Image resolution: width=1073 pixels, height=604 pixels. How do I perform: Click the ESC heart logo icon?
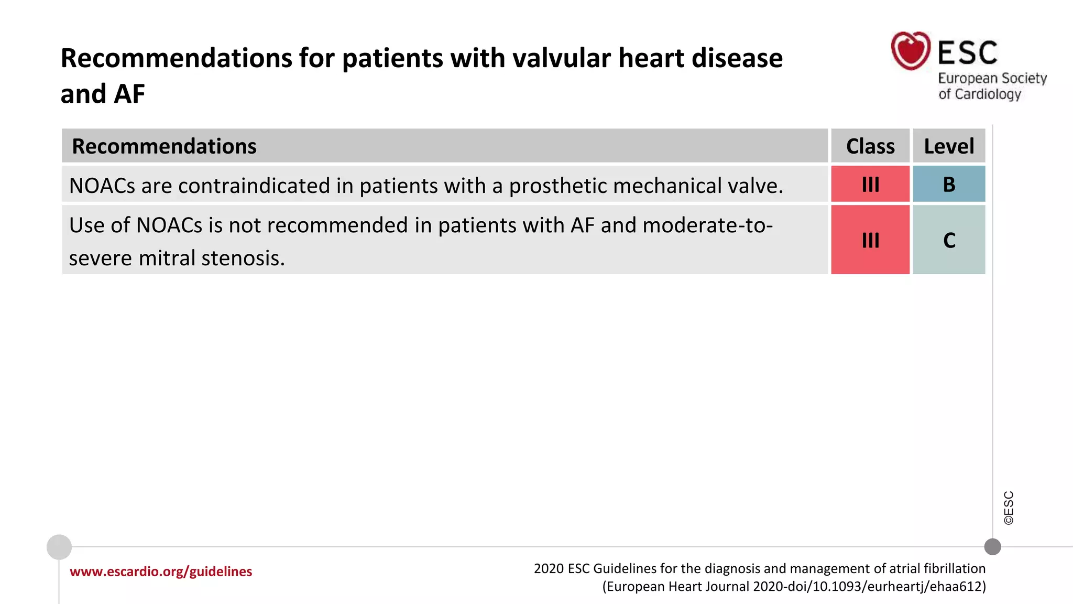coord(911,50)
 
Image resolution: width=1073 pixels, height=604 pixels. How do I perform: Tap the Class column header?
coord(870,146)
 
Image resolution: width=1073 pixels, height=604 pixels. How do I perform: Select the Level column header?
coord(949,146)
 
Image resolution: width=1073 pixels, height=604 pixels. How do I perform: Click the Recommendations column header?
coord(164,146)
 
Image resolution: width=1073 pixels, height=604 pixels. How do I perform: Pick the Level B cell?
coord(949,184)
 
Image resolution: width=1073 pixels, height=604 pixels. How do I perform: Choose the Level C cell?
coord(949,240)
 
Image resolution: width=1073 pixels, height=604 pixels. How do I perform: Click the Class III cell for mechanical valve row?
coord(870,184)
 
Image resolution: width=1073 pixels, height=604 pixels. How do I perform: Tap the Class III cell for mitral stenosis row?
coord(870,240)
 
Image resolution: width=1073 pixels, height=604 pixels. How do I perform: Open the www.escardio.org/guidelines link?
coord(161,571)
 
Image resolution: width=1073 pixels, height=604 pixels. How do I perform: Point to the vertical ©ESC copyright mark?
coord(1009,508)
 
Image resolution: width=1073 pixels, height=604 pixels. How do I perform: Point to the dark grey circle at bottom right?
coord(992,547)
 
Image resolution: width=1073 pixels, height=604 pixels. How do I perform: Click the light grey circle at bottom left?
coord(59,547)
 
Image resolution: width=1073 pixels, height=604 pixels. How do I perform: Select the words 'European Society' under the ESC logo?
coord(992,78)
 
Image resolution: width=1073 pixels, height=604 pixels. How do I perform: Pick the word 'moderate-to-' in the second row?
coord(707,225)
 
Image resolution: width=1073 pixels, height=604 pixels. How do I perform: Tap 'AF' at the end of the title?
coord(129,94)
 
